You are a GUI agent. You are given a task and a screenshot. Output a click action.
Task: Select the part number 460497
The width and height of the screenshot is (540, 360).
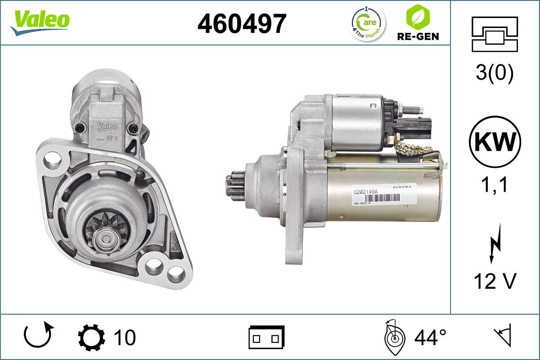(x=242, y=23)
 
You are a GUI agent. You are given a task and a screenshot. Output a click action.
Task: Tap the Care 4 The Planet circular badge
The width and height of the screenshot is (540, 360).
(x=368, y=23)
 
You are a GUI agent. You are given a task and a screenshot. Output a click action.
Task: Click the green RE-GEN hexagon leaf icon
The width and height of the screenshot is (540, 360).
(x=417, y=17)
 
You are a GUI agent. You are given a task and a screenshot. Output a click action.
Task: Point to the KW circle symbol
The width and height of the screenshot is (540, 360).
(x=495, y=142)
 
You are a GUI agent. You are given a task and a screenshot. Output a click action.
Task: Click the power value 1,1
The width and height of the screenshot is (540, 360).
(x=495, y=184)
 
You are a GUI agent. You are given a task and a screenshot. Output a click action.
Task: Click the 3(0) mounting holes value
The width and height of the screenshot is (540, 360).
(x=495, y=73)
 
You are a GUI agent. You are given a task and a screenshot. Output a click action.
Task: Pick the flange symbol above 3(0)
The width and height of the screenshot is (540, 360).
(x=495, y=34)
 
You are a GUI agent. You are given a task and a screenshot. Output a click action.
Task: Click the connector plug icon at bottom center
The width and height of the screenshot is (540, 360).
(x=266, y=337)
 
